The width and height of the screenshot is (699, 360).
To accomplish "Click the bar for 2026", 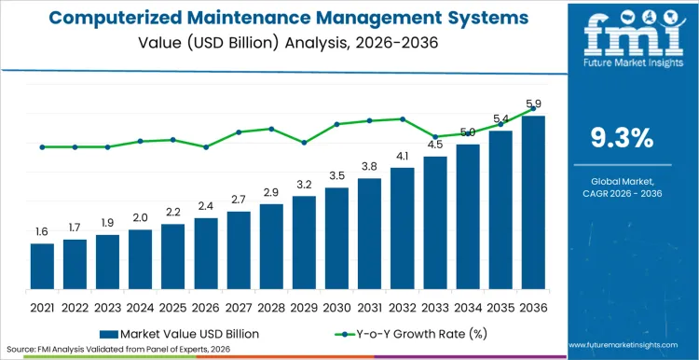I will coord(206,253).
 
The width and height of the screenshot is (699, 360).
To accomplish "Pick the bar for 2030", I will coord(336,238).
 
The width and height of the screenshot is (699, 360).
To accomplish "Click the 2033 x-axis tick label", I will coord(435,307).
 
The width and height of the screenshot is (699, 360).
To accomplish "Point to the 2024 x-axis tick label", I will coord(140,307).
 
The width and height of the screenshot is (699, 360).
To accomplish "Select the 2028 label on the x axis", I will coord(271,307).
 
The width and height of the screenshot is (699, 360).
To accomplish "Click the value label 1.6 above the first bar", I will coord(42,231).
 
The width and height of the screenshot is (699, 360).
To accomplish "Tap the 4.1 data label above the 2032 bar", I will coord(403,156).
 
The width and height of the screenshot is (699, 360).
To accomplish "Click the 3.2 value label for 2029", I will coord(304,184).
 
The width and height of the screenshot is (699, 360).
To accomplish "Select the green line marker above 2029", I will coord(304,143).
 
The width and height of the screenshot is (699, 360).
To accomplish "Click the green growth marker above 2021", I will coord(42,146).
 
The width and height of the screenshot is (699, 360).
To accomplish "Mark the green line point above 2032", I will coord(403,118).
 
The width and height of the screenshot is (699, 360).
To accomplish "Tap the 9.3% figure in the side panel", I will coord(623,138).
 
